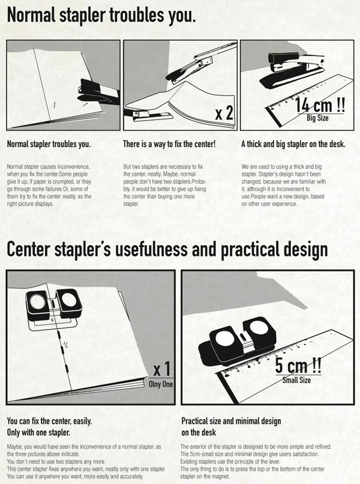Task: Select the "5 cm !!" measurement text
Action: [x=298, y=365]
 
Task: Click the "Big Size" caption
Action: [x=317, y=118]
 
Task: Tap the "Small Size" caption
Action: [x=297, y=380]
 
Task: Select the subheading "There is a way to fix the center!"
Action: [x=169, y=145]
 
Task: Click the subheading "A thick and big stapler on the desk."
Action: [x=293, y=145]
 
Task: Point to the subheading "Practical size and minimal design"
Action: [x=231, y=422]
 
